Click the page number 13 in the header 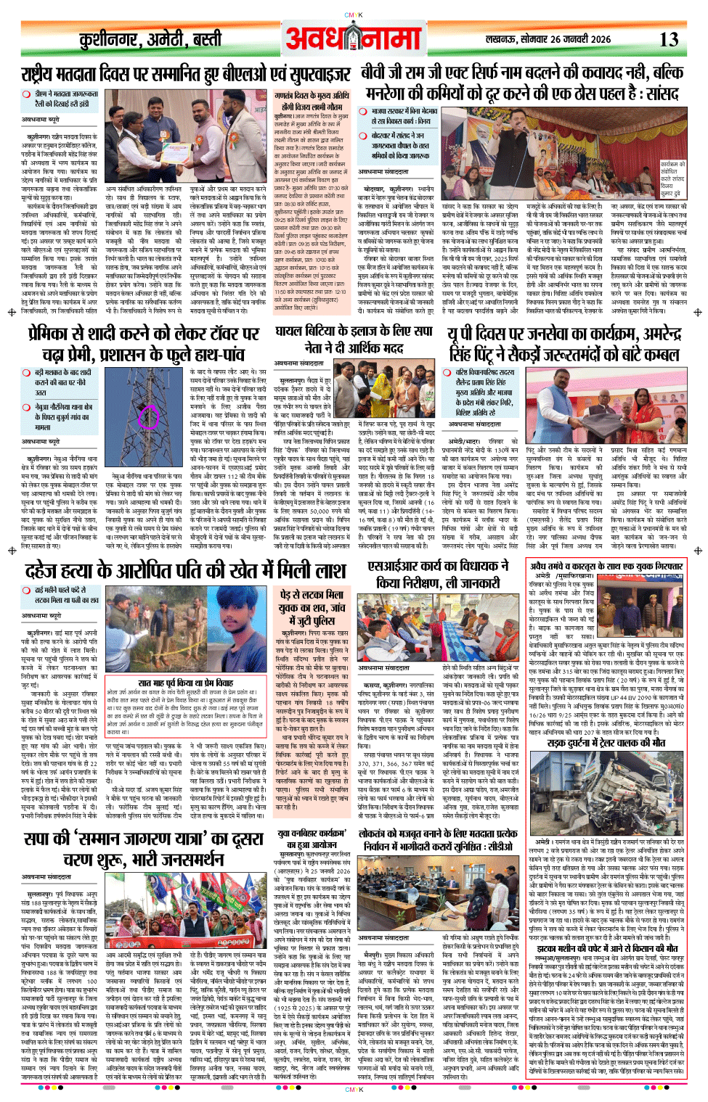pos(669,40)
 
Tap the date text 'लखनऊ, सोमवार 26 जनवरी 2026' pos(548,40)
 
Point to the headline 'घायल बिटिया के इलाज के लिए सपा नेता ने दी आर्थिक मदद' pos(354,339)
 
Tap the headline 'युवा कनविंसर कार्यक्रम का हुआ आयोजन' pos(312,840)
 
